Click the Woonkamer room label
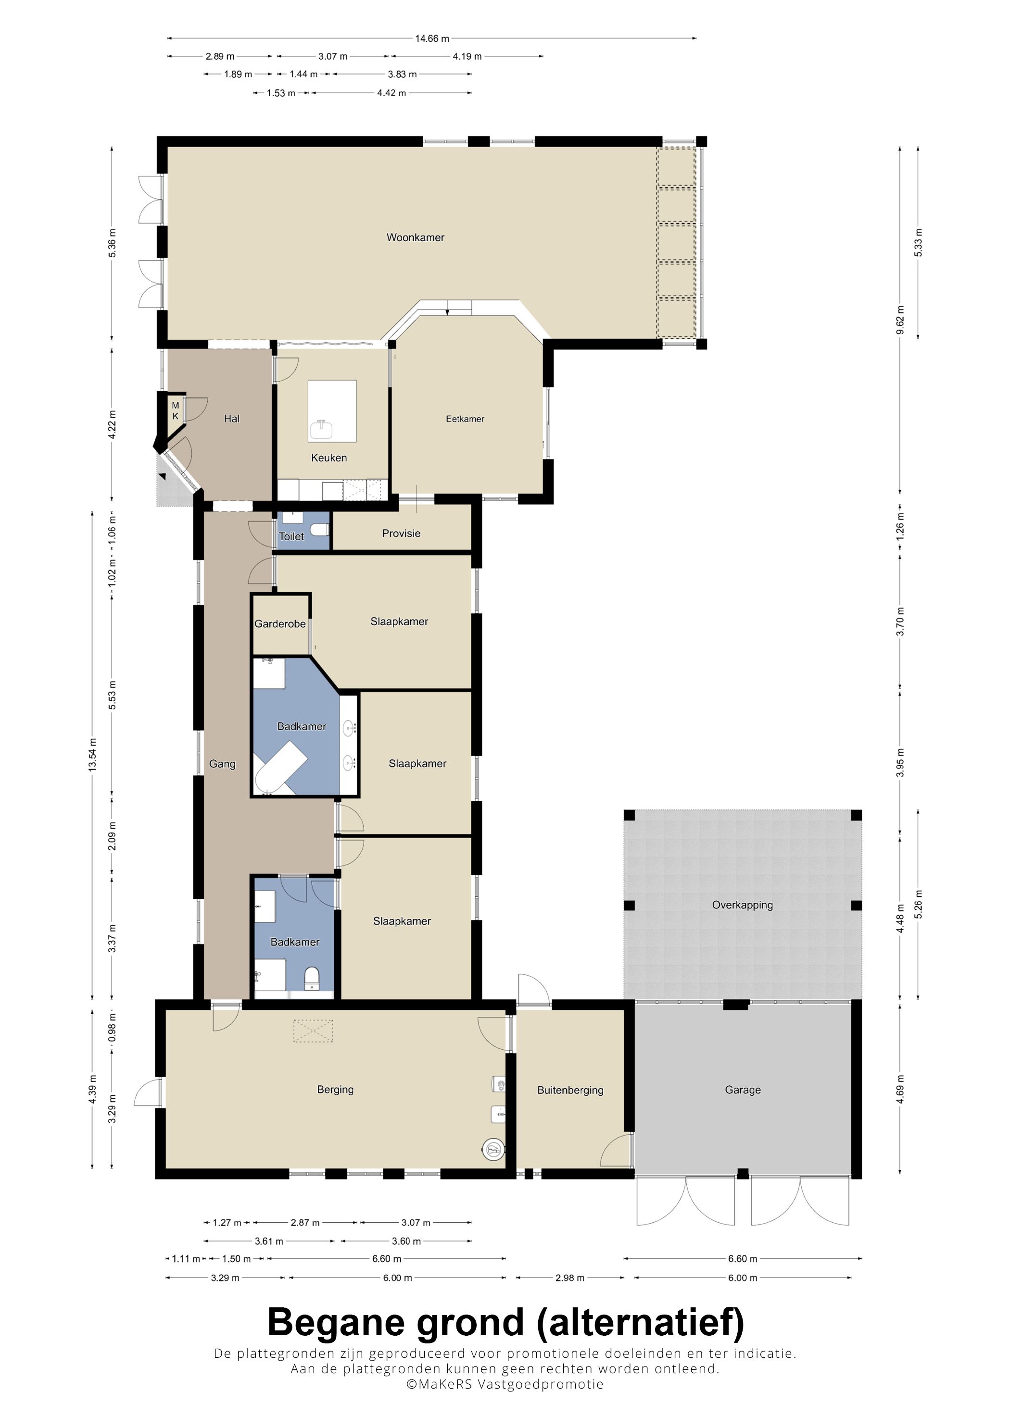(x=415, y=237)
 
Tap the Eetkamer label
(x=465, y=419)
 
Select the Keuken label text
(x=328, y=458)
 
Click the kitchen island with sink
(x=332, y=411)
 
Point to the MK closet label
(x=176, y=410)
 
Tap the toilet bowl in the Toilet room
(x=319, y=530)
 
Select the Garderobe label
(x=280, y=624)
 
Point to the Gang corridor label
(x=222, y=764)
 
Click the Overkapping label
(x=743, y=905)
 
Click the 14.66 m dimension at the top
(x=432, y=38)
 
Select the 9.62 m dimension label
(x=900, y=320)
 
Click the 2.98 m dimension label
(x=569, y=1278)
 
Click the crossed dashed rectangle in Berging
(x=313, y=1031)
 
